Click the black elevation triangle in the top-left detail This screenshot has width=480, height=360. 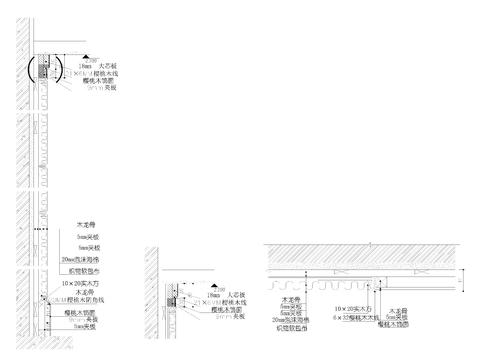point(88,57)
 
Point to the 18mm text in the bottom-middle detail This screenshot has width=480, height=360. point(214,295)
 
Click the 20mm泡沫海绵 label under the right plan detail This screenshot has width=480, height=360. point(292,319)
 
